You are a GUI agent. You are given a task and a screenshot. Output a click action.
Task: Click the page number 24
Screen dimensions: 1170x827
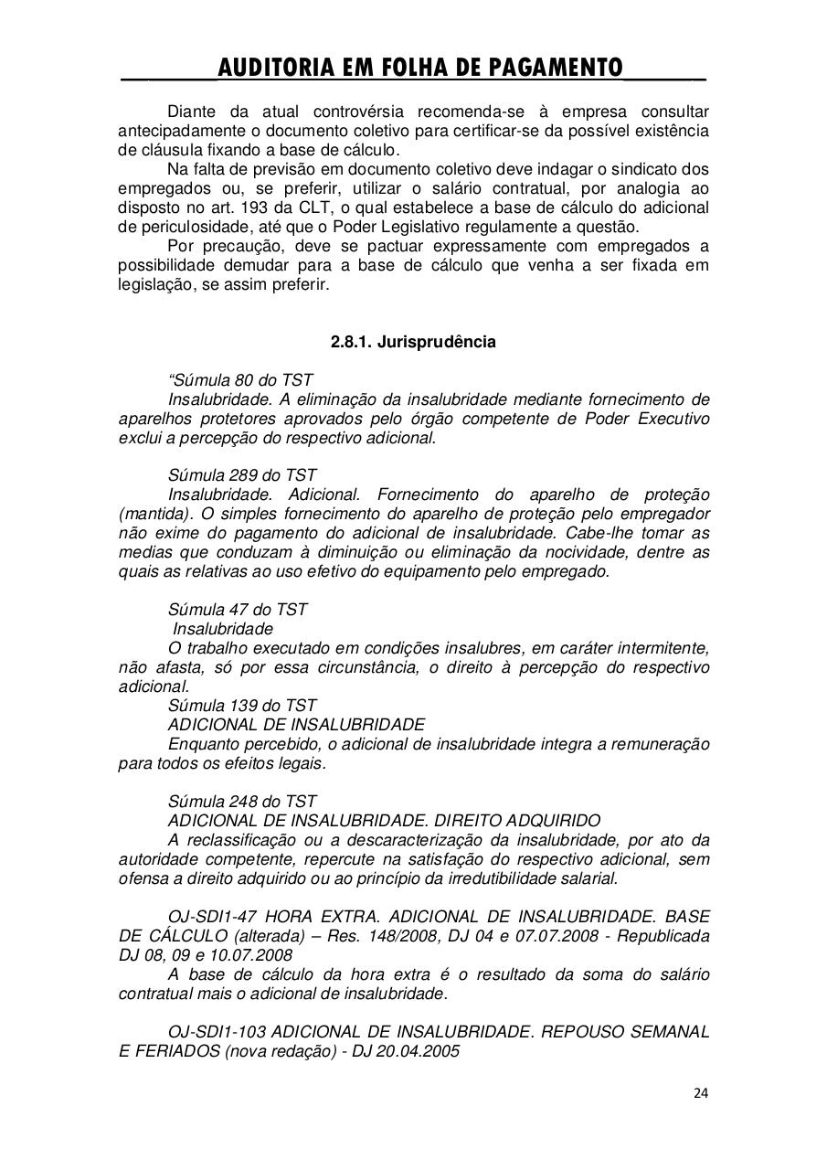coord(701,1092)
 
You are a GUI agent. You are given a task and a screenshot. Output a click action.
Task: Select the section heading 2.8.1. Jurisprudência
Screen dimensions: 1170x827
coord(413,342)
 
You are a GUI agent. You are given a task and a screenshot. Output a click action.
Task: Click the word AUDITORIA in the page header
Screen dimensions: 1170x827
coord(278,68)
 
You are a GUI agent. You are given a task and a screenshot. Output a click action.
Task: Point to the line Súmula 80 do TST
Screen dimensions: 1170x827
coord(241,380)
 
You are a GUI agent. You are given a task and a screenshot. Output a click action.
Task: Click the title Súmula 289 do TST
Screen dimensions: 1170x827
coord(242,475)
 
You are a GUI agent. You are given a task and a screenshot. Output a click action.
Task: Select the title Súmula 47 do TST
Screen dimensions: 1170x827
coord(238,610)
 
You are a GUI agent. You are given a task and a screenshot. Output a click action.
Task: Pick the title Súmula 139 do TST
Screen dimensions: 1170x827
coord(242,706)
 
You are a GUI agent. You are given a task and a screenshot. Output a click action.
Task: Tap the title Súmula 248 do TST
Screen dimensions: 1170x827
coord(242,802)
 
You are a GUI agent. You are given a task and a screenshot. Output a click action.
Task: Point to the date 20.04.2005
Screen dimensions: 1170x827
coord(424,1051)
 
